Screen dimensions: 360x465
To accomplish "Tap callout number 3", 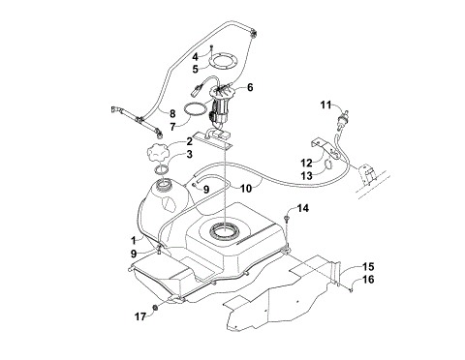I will tap(190, 154).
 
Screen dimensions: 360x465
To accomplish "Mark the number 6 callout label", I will tap(250, 87).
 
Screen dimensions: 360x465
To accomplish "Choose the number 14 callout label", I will tap(303, 208).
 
